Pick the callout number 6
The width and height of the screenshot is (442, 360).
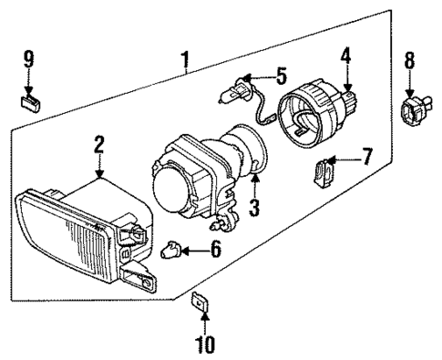pyautogui.click(x=216, y=247)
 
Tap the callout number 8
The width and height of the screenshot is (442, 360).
pyautogui.click(x=409, y=62)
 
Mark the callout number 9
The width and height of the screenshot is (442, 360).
pyautogui.click(x=28, y=60)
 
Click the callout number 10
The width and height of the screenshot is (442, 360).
pyautogui.click(x=204, y=345)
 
